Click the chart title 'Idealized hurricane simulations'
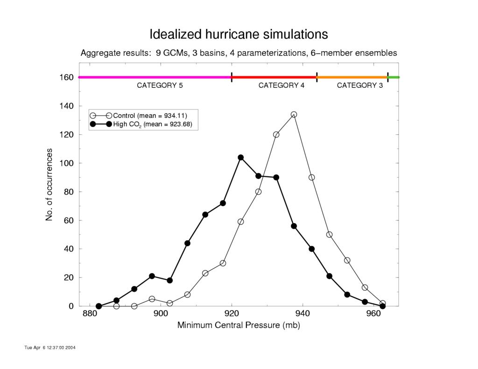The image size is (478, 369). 239,34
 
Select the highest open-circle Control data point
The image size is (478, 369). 294,115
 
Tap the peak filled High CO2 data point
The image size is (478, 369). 241,158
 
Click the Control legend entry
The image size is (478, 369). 138,116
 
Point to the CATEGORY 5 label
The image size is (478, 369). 160,85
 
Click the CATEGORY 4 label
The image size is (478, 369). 281,85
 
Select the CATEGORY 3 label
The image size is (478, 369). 360,85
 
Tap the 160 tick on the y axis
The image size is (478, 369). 66,77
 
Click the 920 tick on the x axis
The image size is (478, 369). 232,313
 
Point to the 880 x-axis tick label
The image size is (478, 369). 90,313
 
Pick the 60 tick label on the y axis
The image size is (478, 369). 69,220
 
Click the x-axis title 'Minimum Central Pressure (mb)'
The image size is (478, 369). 239,325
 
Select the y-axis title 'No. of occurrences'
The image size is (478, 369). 49,185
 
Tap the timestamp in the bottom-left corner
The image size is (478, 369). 50,348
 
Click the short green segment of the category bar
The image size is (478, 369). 394,77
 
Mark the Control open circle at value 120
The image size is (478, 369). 276,135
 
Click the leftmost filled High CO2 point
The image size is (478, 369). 99,306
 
